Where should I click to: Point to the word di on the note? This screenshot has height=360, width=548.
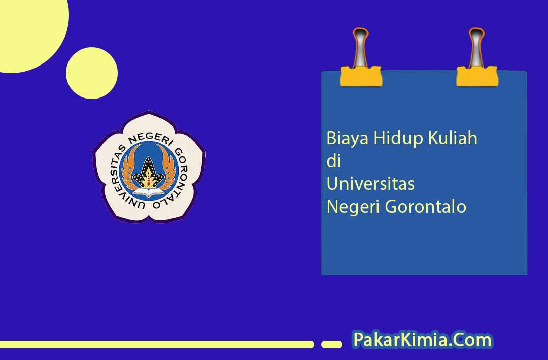333,161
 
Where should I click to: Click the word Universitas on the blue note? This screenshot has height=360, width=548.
370,184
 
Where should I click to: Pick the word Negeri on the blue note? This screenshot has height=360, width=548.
353,207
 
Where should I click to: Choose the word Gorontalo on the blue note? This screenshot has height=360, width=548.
425,207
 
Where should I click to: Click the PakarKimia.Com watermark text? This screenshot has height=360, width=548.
423,340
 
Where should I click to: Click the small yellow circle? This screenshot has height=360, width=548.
91,73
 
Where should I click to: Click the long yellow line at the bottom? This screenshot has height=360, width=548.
157,345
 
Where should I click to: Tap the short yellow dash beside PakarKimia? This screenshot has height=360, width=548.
332,345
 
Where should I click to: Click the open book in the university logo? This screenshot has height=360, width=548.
149,192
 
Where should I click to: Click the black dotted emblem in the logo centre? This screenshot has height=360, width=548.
149,174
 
